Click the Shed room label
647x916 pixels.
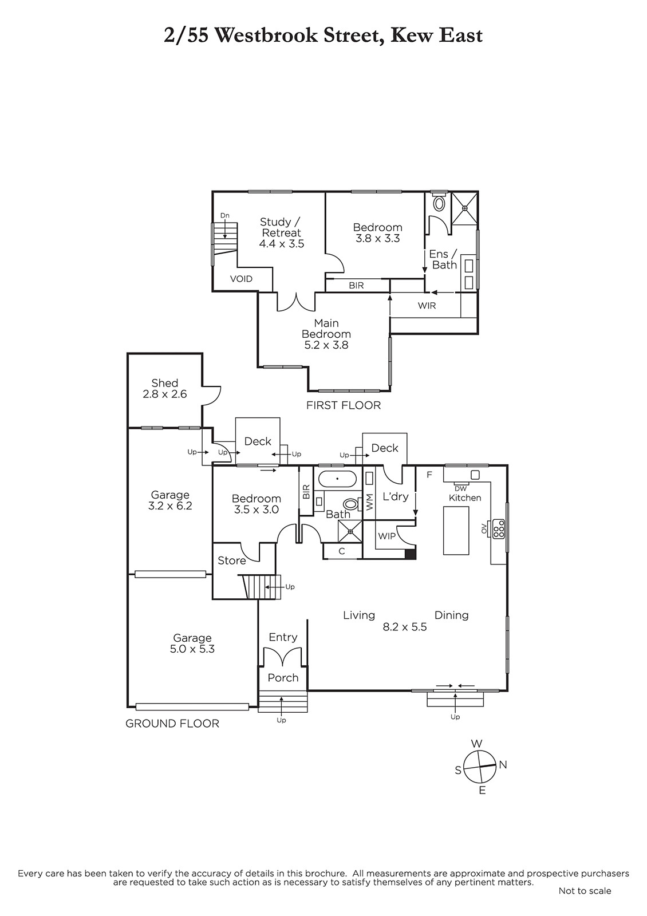coord(164,383)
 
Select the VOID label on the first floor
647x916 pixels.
coord(241,279)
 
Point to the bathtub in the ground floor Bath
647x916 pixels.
coord(337,479)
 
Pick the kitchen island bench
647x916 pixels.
coord(456,530)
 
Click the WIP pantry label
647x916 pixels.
coord(386,536)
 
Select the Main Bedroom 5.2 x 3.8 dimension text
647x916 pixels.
coord(326,345)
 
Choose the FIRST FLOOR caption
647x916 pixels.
coord(344,405)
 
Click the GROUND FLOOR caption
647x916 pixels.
coord(172,724)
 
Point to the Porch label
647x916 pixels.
coord(283,678)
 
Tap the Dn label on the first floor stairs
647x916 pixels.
coord(225,215)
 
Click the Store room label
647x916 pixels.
coord(231,560)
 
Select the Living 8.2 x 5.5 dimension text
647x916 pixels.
coord(404,627)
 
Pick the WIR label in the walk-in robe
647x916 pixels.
coord(427,306)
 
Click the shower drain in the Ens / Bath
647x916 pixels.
coord(465,208)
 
